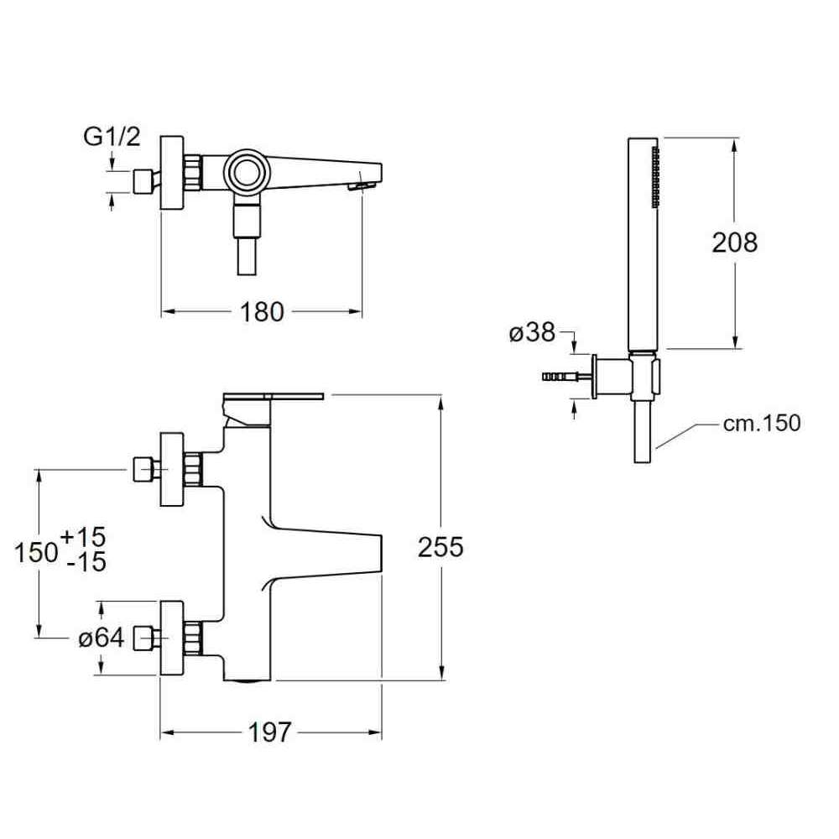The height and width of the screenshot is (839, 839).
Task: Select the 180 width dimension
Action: click(x=263, y=312)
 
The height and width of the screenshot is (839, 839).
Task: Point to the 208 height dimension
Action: click(x=734, y=242)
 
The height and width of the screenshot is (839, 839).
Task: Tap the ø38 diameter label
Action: click(x=532, y=333)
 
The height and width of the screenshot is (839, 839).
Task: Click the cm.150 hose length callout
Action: click(x=762, y=423)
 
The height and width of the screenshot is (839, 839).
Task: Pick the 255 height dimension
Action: click(x=440, y=548)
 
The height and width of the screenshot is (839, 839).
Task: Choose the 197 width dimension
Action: click(x=270, y=732)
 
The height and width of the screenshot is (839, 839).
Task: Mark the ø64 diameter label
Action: click(x=102, y=639)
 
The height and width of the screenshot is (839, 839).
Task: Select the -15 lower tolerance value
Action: click(x=86, y=562)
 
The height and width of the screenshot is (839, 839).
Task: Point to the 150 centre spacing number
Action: click(x=37, y=551)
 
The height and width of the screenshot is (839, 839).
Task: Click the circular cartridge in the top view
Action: click(x=249, y=173)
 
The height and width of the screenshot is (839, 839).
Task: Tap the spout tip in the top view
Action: click(x=362, y=183)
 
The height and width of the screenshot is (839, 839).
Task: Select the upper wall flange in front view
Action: click(x=172, y=470)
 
